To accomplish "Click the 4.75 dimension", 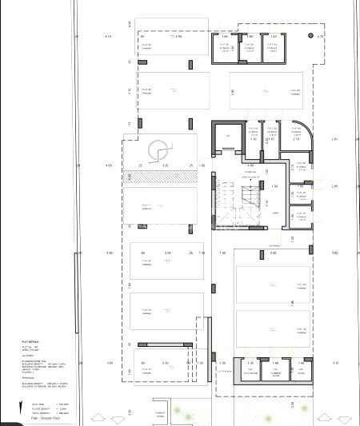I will pos(320,37).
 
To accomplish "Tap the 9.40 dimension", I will pos(273,253).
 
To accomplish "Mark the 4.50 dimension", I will pos(178,37).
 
